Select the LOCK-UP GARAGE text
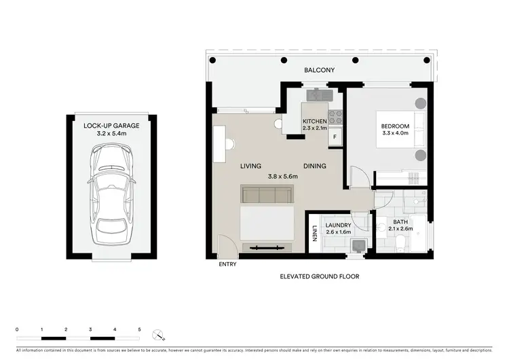pos(112,126)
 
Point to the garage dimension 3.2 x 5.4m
pos(112,134)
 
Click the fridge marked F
pos(335,137)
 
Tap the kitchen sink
pos(317,96)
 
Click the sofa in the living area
pos(267,196)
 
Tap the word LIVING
pos(250,166)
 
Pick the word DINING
pos(315,166)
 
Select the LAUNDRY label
pos(338,226)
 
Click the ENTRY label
pos(227,264)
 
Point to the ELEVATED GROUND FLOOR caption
pos(319,277)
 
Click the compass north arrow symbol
pos(158,334)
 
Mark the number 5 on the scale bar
pos(139,329)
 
